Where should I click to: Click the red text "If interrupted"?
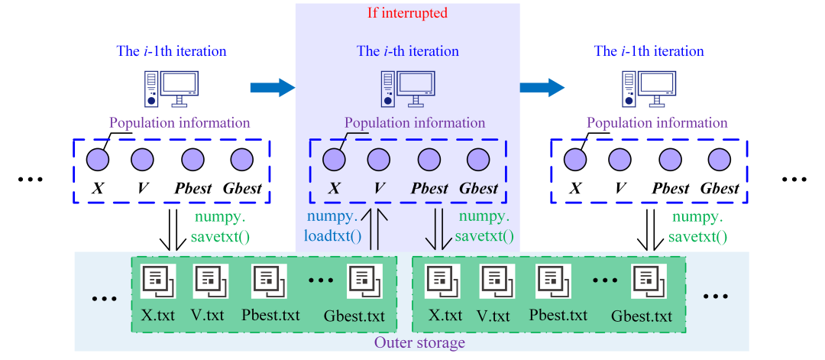pos(407,13)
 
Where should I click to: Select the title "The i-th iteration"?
pos(408,52)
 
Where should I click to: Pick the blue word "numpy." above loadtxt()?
pos(329,217)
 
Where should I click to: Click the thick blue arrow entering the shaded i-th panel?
pos(272,88)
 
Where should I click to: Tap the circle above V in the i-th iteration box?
pos(378,159)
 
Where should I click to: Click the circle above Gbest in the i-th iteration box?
pos(478,159)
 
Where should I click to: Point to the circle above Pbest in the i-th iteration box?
pos(428,159)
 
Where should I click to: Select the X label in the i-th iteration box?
pos(333,188)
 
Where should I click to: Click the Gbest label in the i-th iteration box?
pos(478,188)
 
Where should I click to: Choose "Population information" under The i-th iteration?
pos(415,123)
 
